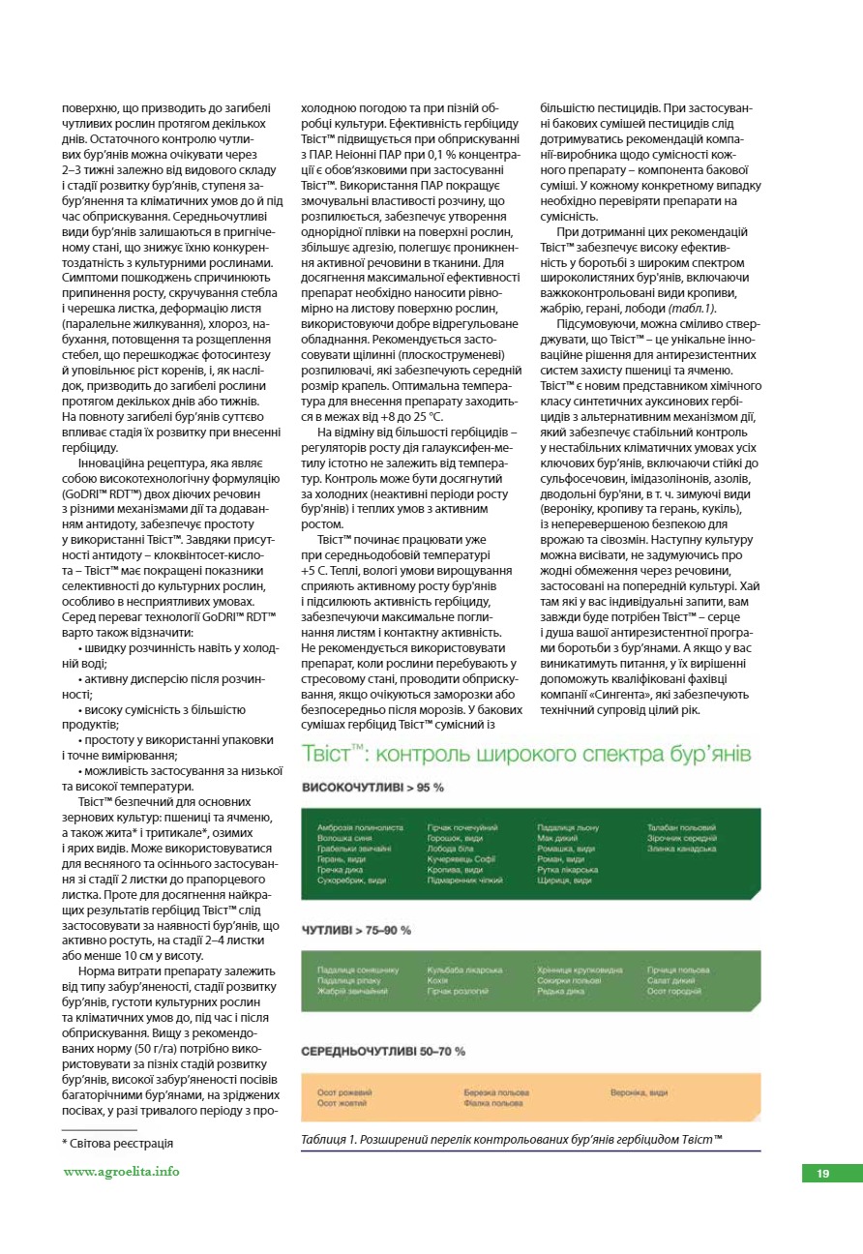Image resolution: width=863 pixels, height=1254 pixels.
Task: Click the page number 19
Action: pos(822,1174)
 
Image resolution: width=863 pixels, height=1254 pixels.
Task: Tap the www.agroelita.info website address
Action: pos(121,1172)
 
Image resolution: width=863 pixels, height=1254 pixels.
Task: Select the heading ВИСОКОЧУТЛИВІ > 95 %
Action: pos(372,789)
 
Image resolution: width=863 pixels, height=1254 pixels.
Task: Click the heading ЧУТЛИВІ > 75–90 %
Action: pos(356,930)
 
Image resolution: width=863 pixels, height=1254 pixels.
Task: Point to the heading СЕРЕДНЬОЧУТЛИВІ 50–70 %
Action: pos(383,1051)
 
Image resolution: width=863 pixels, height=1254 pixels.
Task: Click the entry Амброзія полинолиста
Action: pos(360,828)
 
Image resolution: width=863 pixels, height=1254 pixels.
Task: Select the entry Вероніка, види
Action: pos(639,1092)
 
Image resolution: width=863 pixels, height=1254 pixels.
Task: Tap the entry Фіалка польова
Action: pos(492,1103)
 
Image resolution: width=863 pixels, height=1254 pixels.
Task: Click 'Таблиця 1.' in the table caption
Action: pos(327,1140)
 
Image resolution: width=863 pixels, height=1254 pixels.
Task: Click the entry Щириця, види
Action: pos(563,880)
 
